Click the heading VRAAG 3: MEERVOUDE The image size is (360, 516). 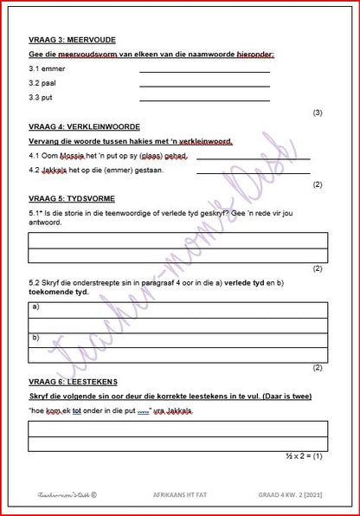pyautogui.click(x=72, y=40)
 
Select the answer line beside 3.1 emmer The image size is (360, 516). pyautogui.click(x=204, y=70)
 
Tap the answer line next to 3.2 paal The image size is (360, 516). pyautogui.click(x=204, y=85)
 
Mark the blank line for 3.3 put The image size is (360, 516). pyautogui.click(x=204, y=100)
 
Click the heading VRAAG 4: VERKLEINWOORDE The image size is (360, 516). pyautogui.click(x=86, y=126)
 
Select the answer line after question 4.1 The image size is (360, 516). pyautogui.click(x=253, y=158)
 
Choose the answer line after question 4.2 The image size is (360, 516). pyautogui.click(x=253, y=171)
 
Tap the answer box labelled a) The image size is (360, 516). pyautogui.click(x=178, y=310)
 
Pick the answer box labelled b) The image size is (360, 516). pyautogui.click(x=178, y=341)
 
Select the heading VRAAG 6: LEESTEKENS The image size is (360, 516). pyautogui.click(x=73, y=381)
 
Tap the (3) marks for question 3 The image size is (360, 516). pyautogui.click(x=318, y=113)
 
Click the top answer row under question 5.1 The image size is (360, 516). pyautogui.click(x=178, y=241)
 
